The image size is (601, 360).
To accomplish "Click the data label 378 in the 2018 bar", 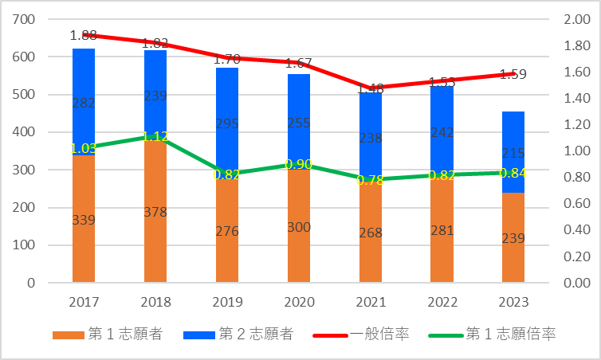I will tap(155, 211).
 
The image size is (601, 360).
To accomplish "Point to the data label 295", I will tap(227, 124).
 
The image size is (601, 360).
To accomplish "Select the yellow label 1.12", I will tap(155, 136).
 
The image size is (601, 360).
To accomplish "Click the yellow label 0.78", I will tap(371, 181).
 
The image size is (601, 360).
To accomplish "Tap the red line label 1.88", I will tap(84, 35).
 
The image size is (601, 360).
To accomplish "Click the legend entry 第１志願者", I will tap(108, 335).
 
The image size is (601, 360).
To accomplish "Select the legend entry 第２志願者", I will tap(239, 335).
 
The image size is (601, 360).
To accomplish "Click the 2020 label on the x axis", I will tap(299, 303).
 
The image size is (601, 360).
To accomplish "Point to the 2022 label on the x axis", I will tap(442, 303).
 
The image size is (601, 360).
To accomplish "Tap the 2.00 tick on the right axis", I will tap(576, 19).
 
